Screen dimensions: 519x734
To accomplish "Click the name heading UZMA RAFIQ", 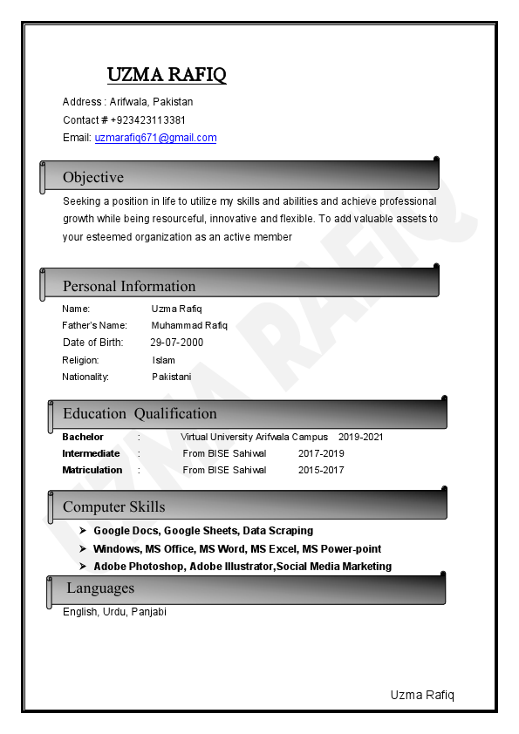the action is tap(167, 75).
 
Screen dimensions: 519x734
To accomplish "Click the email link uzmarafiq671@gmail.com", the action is tap(155, 138).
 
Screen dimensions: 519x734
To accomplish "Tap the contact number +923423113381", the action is tap(148, 120).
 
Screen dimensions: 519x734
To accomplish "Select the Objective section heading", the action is tap(93, 178).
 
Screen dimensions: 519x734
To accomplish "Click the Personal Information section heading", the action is tap(129, 286).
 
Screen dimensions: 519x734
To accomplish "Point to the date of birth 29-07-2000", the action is tap(176, 343).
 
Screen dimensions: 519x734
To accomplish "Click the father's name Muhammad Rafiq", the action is tap(189, 325).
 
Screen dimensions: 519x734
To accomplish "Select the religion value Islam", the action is tap(163, 360).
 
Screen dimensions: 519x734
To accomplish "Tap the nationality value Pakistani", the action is tap(171, 377).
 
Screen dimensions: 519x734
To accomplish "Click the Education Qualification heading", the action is tap(140, 413).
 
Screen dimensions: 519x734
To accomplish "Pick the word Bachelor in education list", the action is tap(83, 437).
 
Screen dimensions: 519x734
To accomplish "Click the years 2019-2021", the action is tap(360, 437).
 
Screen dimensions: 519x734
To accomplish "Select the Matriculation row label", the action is tap(92, 470).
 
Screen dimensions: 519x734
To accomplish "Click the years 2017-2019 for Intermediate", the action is tap(321, 453).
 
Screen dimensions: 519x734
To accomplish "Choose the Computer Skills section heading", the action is tap(113, 506).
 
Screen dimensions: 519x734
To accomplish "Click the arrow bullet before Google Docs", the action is tap(82, 530).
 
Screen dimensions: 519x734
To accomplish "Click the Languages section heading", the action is tap(100, 588).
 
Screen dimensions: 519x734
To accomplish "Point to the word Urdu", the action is tap(114, 612).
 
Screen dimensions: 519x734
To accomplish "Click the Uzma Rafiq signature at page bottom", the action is tap(422, 695).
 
